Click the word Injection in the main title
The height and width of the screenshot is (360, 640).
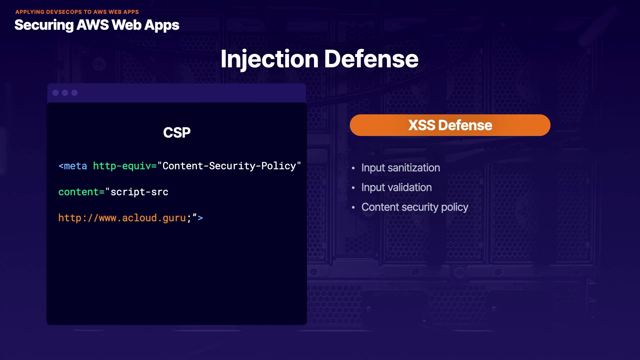(269, 59)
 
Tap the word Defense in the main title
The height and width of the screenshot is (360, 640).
(371, 59)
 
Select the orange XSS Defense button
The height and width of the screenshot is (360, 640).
(450, 125)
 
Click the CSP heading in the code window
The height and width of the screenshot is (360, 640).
(177, 133)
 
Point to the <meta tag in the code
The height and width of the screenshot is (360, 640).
(73, 166)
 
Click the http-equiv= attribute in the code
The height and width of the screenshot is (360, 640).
(125, 166)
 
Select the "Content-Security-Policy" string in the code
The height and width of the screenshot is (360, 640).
(229, 166)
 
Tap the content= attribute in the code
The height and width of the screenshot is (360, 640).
(81, 192)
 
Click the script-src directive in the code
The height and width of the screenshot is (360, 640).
(139, 192)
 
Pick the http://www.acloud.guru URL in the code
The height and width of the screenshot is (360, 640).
(122, 218)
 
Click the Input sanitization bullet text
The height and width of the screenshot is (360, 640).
(401, 168)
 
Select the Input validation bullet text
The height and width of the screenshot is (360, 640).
(397, 187)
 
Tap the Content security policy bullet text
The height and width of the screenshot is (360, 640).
(415, 207)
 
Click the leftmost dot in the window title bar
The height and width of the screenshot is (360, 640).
(56, 93)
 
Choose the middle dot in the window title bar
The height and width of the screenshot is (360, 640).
(65, 93)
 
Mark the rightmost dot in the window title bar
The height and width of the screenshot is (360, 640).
(74, 93)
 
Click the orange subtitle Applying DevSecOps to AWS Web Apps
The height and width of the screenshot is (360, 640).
(77, 12)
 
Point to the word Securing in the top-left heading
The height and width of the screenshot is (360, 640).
(44, 25)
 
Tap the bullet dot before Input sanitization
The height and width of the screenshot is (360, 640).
(353, 168)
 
